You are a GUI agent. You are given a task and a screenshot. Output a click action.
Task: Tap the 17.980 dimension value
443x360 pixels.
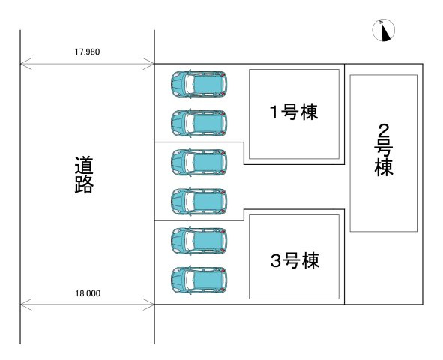click(x=88, y=52)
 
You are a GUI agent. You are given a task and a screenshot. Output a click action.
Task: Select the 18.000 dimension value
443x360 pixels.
click(x=88, y=293)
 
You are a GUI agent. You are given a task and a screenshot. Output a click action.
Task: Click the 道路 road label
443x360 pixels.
click(x=83, y=175)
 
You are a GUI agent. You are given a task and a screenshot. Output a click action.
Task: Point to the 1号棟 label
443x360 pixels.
click(x=294, y=112)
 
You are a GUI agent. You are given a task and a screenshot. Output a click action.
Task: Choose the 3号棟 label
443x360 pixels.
click(x=294, y=261)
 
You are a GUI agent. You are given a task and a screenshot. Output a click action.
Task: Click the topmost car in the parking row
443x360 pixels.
click(x=199, y=83)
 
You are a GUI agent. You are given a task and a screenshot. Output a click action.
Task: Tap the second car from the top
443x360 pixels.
click(x=199, y=122)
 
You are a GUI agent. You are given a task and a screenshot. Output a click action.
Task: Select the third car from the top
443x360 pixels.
click(x=199, y=161)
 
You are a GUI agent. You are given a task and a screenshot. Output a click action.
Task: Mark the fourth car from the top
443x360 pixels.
click(x=199, y=200)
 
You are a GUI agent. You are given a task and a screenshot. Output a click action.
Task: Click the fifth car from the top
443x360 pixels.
click(x=199, y=240)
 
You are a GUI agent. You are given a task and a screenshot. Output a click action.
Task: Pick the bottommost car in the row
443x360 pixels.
click(x=199, y=279)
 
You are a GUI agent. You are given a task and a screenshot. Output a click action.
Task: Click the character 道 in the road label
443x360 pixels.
click(x=83, y=164)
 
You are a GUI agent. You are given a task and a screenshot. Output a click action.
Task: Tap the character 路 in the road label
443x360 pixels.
click(x=83, y=185)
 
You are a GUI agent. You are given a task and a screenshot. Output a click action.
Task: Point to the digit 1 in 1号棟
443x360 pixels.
click(x=275, y=112)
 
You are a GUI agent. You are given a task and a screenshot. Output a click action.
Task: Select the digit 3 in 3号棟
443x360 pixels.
click(x=275, y=261)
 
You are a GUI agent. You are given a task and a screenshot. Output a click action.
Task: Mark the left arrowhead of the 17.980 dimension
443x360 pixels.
click(x=23, y=64)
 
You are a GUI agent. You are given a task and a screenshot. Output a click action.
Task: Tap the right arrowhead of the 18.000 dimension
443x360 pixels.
click(x=151, y=304)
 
